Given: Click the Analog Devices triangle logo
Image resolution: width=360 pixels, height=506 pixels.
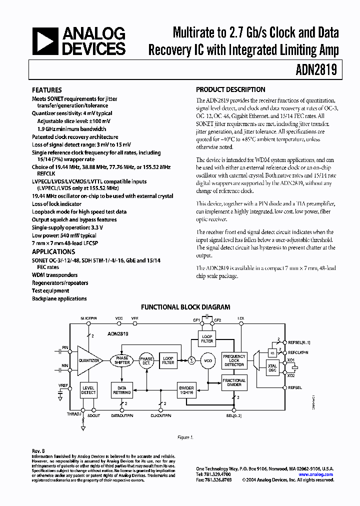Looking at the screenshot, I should click(x=44, y=41).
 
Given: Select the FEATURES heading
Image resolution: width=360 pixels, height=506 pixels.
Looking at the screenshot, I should click(x=47, y=90).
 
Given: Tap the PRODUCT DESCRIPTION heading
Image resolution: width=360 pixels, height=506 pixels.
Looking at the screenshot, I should click(x=230, y=90).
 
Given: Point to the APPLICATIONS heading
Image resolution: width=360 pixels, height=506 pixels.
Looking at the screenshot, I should click(x=53, y=252).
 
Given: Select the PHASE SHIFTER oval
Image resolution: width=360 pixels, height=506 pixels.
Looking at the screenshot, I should click(x=122, y=360).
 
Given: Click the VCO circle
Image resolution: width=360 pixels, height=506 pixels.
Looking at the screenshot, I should click(x=207, y=360).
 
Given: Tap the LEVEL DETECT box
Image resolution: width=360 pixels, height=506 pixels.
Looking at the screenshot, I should click(x=88, y=390).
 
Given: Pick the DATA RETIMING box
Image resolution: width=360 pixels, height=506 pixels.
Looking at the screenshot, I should click(x=122, y=390).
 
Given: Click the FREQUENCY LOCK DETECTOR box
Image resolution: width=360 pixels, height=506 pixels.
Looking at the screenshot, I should click(x=234, y=360).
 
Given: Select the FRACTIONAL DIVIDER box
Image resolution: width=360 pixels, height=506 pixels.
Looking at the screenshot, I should click(x=234, y=383).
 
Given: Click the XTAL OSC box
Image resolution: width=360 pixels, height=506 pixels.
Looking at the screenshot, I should click(x=272, y=367).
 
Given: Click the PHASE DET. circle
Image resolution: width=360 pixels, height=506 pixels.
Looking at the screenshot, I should click(x=146, y=360).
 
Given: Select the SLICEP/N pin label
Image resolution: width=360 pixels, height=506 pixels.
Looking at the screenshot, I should click(x=89, y=318).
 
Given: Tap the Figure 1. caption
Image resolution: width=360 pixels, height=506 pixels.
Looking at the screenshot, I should click(x=185, y=437).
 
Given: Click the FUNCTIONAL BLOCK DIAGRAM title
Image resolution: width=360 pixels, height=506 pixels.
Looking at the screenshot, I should click(x=185, y=307).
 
